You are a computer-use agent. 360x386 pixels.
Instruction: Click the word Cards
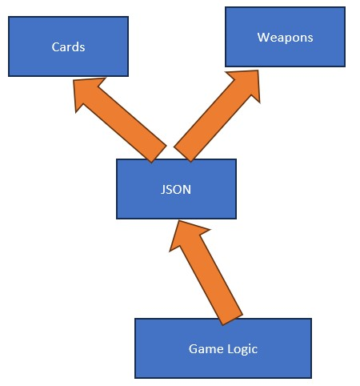coord(68,47)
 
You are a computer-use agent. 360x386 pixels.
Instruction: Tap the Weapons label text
coord(285,38)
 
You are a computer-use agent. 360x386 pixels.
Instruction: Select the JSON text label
coord(176,190)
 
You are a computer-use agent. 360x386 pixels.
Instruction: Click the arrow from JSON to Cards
coord(120,120)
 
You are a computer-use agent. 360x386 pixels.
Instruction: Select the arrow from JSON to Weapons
coord(217,116)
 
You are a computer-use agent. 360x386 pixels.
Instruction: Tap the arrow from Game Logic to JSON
coord(206,272)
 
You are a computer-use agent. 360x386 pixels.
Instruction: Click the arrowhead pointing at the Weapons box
coord(246,82)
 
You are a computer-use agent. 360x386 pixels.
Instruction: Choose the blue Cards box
coord(68,46)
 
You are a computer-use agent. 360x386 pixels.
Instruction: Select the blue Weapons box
coord(285,37)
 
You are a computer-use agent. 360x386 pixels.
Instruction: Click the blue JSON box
coord(176,189)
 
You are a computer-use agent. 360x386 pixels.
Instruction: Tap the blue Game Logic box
coord(223,348)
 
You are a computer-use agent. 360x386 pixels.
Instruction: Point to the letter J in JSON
coord(163,190)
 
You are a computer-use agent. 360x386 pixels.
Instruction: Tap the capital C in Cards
coord(55,47)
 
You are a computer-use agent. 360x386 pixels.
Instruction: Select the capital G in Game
coord(193,348)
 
